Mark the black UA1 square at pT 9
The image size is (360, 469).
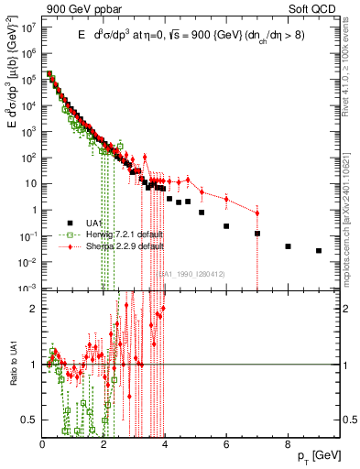pyautogui.click(x=319, y=250)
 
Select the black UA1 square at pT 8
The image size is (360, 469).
pyautogui.click(x=288, y=246)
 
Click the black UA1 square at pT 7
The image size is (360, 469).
pyautogui.click(x=257, y=234)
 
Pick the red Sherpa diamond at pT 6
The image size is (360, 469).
pyautogui.click(x=226, y=198)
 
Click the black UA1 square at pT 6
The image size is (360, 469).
pyautogui.click(x=226, y=225)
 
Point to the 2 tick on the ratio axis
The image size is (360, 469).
pyautogui.click(x=34, y=307)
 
